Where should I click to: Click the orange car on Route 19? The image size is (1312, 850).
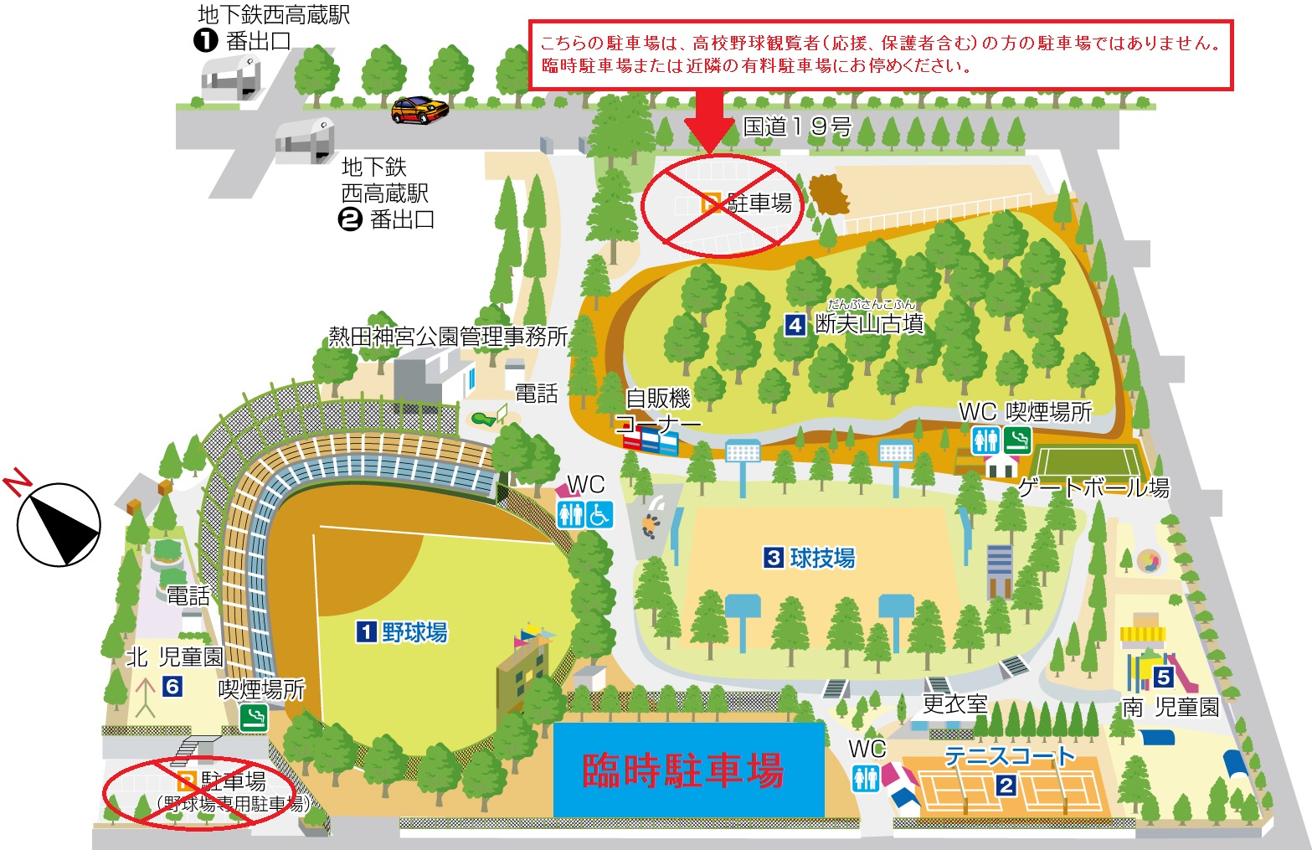point(419,110)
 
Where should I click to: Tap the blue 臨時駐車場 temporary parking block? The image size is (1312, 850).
point(688,770)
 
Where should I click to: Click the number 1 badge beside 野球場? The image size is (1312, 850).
point(367,631)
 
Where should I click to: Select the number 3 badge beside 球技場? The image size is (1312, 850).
point(774,558)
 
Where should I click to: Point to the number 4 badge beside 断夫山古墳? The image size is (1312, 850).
point(795,324)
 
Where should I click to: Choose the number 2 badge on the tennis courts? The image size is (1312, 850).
point(1006,786)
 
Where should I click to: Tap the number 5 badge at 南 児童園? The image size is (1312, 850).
point(1163,677)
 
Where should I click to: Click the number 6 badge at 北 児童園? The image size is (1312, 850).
point(172,687)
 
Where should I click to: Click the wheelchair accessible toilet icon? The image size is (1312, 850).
point(599,514)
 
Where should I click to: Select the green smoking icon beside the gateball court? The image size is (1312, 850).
point(1017,440)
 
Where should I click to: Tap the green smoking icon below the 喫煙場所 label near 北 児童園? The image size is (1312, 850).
point(253,718)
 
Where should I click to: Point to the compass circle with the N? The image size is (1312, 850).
point(59,525)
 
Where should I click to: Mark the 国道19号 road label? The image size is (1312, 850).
point(797,127)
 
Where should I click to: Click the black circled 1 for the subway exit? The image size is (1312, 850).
point(205,39)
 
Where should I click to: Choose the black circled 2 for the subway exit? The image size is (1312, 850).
point(349,219)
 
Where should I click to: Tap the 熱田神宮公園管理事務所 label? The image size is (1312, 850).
point(448,337)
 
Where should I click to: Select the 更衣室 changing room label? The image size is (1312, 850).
point(954,704)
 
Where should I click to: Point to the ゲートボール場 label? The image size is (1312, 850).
point(1093,487)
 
